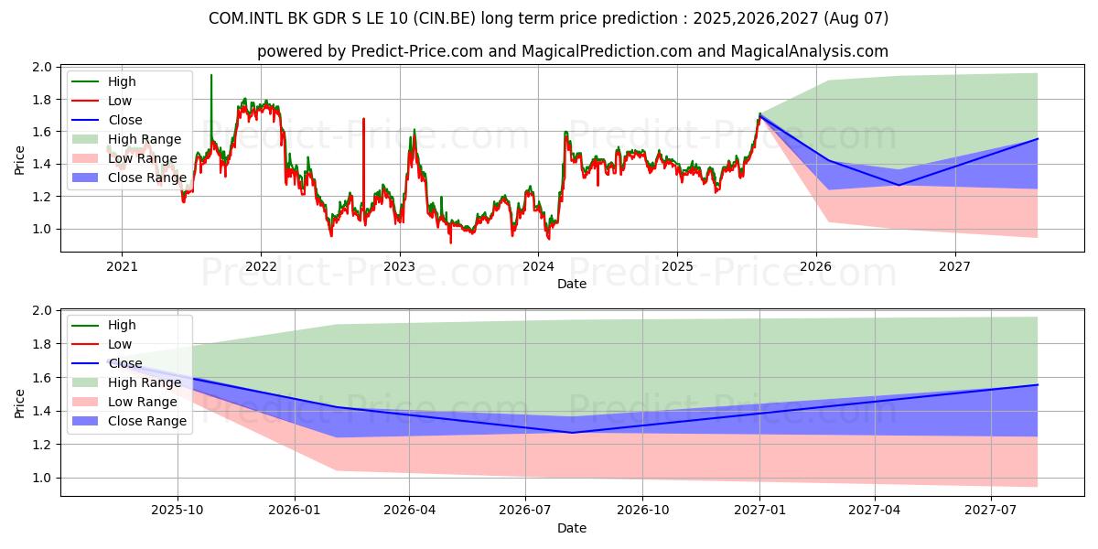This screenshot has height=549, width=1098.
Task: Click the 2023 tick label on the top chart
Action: [399, 266]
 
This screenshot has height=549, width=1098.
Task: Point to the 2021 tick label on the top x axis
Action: [122, 266]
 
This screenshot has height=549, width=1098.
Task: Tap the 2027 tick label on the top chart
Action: [955, 266]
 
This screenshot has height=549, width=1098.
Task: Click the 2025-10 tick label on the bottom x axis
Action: [177, 510]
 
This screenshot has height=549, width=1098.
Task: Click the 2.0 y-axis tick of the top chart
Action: [41, 68]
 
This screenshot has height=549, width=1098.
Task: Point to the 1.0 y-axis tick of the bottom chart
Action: [41, 478]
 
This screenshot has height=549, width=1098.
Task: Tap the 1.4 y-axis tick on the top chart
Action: [41, 165]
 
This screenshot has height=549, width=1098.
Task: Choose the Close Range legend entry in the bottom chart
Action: [147, 421]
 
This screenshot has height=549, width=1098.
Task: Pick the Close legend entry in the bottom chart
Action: [124, 363]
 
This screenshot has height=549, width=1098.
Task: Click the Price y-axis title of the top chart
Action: [19, 157]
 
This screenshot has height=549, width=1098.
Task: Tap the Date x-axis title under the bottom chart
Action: [572, 528]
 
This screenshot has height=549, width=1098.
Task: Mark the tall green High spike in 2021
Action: [211, 77]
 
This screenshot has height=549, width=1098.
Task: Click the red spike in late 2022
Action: [363, 120]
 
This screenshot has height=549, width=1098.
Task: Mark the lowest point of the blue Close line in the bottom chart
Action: [573, 433]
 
